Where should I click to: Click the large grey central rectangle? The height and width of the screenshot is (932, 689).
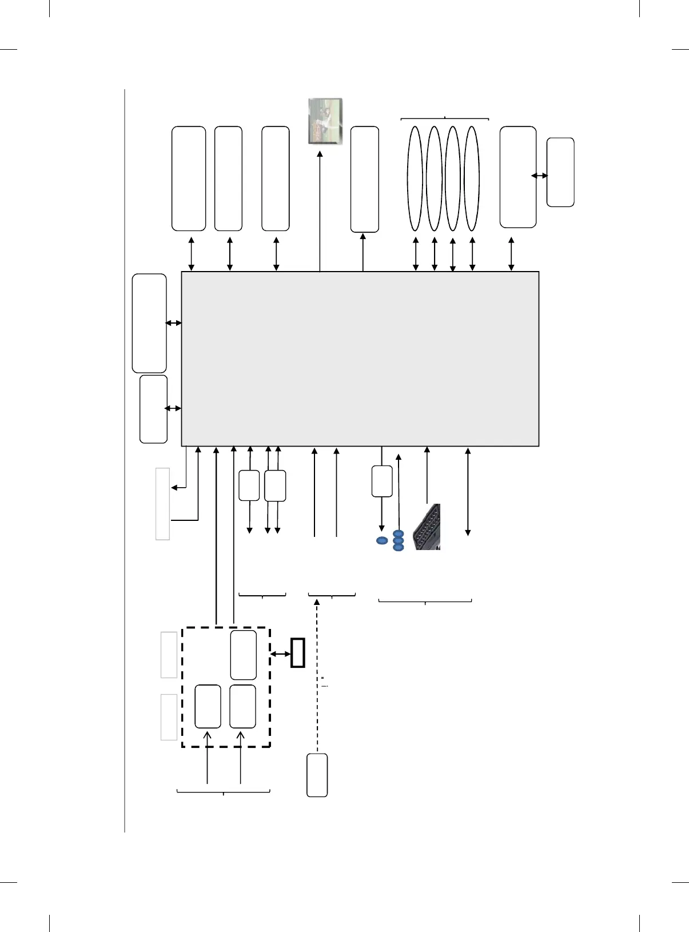point(360,359)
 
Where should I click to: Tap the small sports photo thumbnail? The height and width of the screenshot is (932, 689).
point(325,121)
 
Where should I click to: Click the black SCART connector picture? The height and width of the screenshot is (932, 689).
point(427,527)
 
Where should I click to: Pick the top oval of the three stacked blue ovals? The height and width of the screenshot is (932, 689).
point(399,533)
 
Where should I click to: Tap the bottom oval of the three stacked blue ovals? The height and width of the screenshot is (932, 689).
point(399,548)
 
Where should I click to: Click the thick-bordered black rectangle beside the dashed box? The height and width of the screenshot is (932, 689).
point(298,652)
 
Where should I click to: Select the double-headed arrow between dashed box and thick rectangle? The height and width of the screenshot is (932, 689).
point(280,654)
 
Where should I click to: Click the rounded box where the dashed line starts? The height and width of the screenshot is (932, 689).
point(317,775)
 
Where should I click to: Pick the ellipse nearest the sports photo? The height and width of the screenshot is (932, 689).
point(415,178)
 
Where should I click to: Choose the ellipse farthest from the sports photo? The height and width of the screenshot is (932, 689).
point(472,178)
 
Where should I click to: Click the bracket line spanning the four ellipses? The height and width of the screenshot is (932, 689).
point(445,118)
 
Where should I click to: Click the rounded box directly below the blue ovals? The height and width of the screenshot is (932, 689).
point(382,481)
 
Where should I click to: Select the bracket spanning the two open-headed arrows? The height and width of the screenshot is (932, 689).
point(223,791)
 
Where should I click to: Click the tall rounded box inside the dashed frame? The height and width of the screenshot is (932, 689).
point(243,655)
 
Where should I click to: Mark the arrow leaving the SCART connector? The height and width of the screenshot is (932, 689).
point(427,475)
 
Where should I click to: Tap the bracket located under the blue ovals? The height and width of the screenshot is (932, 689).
point(425,601)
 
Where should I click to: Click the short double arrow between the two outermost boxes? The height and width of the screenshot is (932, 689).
point(539,176)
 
